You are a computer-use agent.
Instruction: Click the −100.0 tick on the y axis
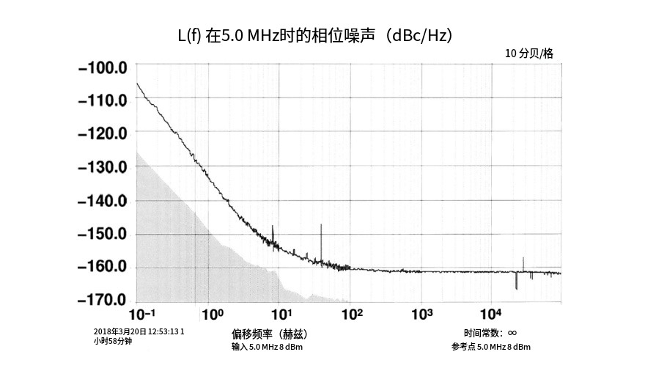click(x=103, y=68)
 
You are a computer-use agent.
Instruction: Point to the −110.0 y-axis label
click(x=103, y=100)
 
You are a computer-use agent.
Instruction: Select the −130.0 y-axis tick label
click(x=103, y=167)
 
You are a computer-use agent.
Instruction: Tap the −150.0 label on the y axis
click(x=103, y=234)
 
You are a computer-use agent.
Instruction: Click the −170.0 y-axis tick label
click(x=103, y=300)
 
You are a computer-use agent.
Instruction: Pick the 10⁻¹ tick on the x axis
click(x=142, y=315)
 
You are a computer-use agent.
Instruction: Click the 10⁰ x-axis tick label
click(x=212, y=315)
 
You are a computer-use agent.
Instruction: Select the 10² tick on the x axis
click(x=353, y=315)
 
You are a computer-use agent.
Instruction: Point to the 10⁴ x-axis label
click(x=490, y=315)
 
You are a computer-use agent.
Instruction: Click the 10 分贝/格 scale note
click(x=528, y=54)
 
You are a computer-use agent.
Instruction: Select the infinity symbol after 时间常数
click(x=512, y=333)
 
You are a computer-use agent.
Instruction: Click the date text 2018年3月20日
click(x=120, y=331)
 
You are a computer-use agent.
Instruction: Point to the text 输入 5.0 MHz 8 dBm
click(x=267, y=347)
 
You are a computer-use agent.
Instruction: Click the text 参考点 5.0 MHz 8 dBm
click(x=491, y=347)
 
